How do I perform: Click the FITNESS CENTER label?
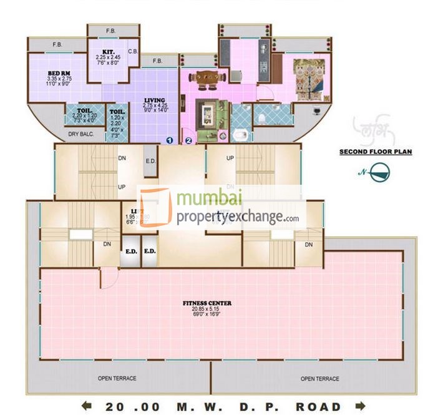[x=207, y=303]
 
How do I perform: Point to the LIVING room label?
[x=154, y=100]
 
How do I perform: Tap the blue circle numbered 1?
[x=169, y=140]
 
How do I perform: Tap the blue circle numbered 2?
[x=188, y=140]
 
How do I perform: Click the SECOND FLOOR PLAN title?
[x=375, y=152]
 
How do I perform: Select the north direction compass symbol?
[x=377, y=172]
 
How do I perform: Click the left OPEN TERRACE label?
[x=117, y=379]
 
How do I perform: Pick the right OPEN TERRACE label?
[x=319, y=379]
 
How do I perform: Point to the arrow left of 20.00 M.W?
[x=87, y=406]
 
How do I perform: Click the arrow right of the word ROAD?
[x=359, y=406]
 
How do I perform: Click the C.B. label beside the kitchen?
[x=132, y=51]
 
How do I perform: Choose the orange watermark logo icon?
[x=155, y=207]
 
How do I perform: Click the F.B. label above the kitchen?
[x=111, y=30]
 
